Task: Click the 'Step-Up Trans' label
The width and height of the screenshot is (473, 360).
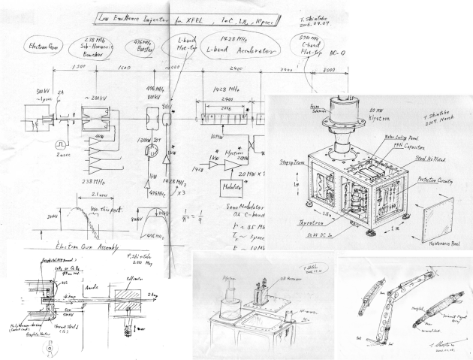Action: (294, 159)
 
